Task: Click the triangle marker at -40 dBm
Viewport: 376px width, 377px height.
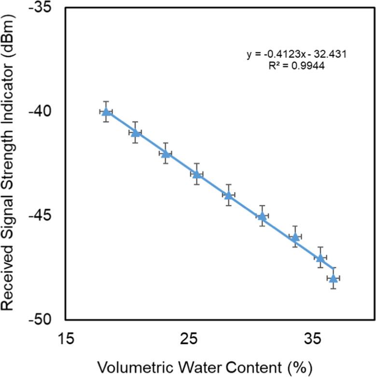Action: coord(106,112)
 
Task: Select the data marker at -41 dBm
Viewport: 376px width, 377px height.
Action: coord(136,133)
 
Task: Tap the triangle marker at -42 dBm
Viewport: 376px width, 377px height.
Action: coord(166,154)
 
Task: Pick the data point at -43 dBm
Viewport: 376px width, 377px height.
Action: coord(196,174)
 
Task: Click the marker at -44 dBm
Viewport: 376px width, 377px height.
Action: coord(228,195)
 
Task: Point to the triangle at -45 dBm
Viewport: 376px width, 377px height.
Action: coord(262,216)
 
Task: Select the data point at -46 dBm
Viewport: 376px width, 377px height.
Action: coord(295,237)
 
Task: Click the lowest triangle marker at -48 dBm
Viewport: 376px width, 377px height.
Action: coord(333,278)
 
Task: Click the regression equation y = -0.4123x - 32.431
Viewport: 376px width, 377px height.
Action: coord(296,54)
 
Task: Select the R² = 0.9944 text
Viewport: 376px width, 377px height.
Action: coord(296,67)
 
